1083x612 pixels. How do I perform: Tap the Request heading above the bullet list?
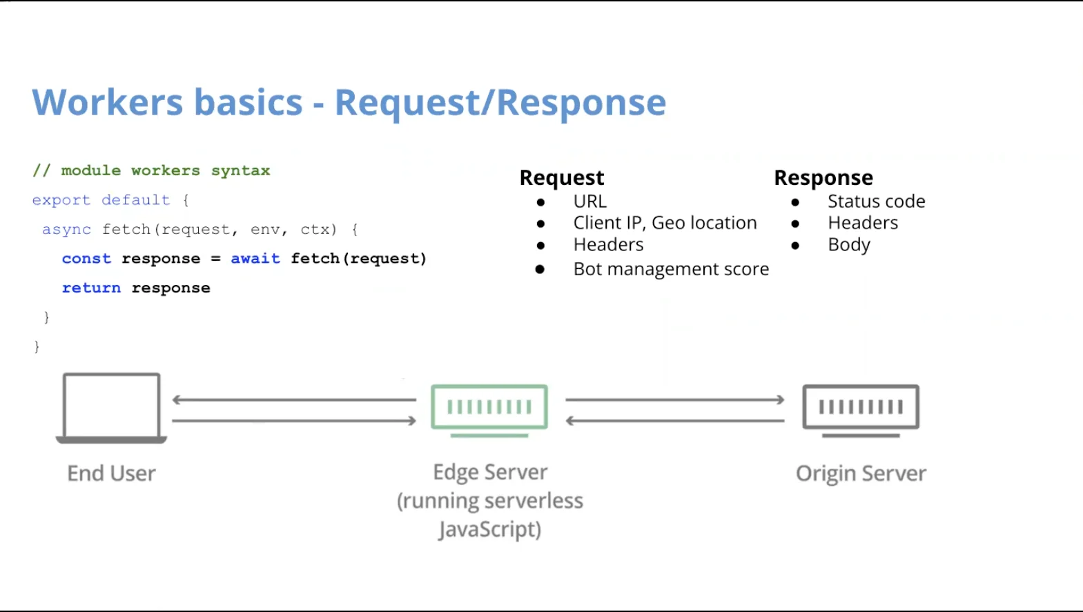561,178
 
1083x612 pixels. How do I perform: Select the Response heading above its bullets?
823,178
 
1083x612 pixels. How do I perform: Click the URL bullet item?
589,201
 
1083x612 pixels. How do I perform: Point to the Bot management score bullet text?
670,269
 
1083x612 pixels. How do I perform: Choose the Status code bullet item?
876,201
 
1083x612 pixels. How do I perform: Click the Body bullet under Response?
848,245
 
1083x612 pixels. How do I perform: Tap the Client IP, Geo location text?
664,223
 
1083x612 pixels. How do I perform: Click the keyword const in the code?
86,259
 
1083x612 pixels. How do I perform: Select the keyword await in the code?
255,259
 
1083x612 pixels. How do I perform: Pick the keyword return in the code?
91,288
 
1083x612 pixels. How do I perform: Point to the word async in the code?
66,229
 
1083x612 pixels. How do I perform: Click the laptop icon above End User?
111,407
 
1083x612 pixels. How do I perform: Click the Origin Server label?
860,473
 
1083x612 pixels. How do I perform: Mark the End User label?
111,473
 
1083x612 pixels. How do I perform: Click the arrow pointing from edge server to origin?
674,399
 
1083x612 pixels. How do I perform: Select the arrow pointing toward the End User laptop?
293,399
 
